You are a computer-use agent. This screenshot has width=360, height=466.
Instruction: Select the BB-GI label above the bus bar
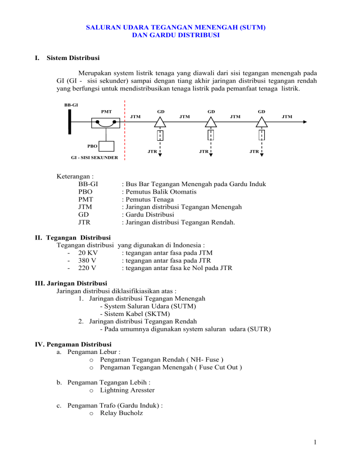tap(71, 105)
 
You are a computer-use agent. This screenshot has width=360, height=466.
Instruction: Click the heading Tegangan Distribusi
tap(78, 237)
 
